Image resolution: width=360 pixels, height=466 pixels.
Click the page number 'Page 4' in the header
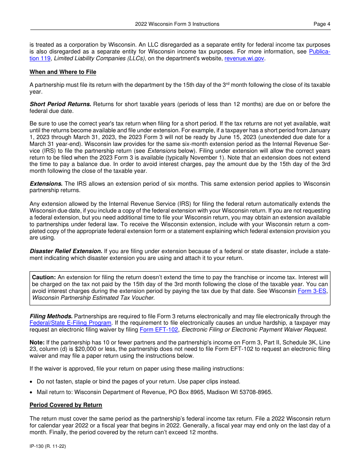pos(322,24)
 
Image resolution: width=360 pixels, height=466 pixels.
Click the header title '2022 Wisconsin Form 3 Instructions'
pos(177,24)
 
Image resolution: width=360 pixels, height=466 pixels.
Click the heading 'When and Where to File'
pos(63,72)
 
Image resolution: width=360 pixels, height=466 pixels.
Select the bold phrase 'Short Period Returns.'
pos(61,104)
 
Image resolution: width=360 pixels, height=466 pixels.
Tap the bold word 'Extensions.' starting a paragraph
pos(46,184)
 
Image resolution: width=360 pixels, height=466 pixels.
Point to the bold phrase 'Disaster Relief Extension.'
pos(66,251)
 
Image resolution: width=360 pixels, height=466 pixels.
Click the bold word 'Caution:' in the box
pos(44,277)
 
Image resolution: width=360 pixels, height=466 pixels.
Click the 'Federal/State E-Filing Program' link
pos(70,323)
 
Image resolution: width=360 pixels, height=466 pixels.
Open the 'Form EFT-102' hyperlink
pos(159,330)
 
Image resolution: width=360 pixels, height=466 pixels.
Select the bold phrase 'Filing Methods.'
pos(51,316)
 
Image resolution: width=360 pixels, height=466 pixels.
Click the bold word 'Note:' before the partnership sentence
pos(37,342)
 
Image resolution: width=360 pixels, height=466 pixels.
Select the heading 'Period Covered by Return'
pos(66,405)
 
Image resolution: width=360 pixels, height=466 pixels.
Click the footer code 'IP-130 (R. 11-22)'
pos(48,447)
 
